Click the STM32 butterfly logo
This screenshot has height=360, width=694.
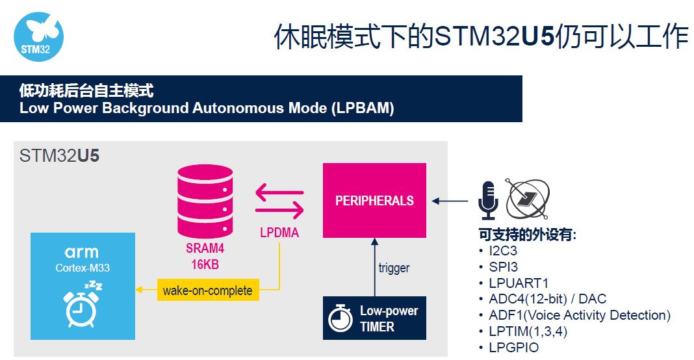click(38, 36)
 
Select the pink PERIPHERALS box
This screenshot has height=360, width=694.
click(374, 200)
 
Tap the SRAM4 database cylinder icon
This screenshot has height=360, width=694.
click(205, 201)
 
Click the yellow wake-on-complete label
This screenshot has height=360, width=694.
click(208, 290)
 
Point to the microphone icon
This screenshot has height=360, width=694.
click(488, 200)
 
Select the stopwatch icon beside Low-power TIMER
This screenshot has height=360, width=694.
click(340, 318)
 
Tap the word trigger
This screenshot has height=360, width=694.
click(394, 268)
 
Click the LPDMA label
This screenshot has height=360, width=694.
click(279, 233)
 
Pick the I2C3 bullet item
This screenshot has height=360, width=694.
click(503, 251)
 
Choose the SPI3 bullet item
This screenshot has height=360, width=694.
click(503, 267)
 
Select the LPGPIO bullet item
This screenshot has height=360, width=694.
click(513, 347)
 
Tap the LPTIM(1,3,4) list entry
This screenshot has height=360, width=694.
click(528, 331)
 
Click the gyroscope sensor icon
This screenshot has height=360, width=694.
click(528, 199)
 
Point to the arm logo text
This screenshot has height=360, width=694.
click(82, 252)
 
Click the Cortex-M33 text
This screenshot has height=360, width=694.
click(83, 268)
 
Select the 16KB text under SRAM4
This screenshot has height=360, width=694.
click(205, 264)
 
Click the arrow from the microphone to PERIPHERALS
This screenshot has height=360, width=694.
click(450, 201)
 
